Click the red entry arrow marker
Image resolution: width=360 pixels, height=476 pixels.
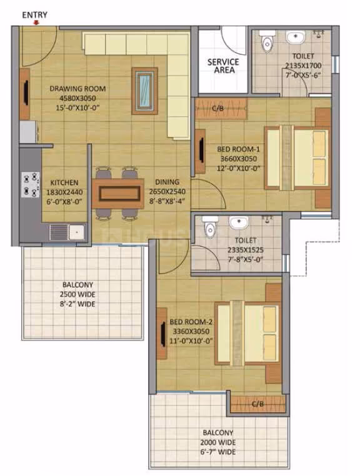[36, 22]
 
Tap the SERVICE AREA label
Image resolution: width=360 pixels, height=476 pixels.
[223, 66]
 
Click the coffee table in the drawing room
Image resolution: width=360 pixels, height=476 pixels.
[144, 91]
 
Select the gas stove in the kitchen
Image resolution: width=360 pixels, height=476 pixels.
[31, 184]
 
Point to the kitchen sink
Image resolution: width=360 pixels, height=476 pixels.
[67, 232]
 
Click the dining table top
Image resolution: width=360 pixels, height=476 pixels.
[118, 194]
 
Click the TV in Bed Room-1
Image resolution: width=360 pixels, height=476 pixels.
[201, 151]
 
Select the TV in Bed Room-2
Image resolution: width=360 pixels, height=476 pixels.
[163, 333]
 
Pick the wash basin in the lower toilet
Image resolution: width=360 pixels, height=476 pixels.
[239, 222]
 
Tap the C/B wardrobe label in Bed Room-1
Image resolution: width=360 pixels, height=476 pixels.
[218, 108]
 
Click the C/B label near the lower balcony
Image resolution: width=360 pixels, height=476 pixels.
[257, 404]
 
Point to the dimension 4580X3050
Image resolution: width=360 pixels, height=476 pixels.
[77, 98]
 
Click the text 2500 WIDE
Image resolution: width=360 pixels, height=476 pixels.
[77, 294]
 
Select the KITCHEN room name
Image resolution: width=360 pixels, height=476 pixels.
[64, 182]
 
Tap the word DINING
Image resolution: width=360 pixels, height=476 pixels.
[167, 182]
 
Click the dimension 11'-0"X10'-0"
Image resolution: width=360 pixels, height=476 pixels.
[191, 341]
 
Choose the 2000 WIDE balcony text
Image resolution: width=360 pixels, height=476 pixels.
[218, 442]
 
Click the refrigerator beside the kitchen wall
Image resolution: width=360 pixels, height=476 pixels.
[28, 132]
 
